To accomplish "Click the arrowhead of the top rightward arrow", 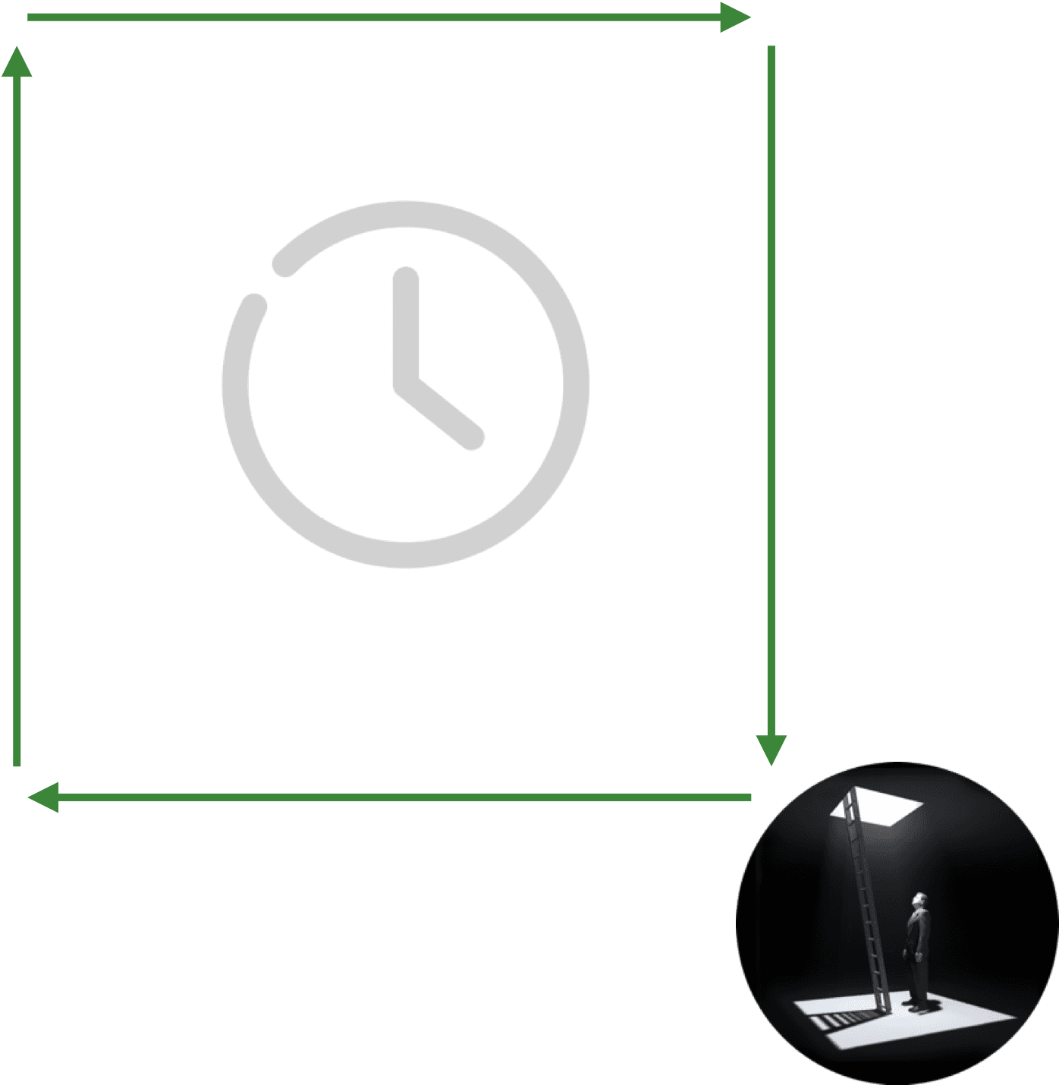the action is [x=734, y=17].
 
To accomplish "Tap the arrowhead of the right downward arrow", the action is [x=771, y=749].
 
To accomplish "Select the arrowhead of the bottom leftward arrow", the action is [x=44, y=797].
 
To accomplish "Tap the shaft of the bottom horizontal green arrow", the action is [x=402, y=797].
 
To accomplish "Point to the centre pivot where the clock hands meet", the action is [x=407, y=383].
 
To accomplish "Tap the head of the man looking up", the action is [x=919, y=901].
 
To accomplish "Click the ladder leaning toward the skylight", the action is [x=865, y=895].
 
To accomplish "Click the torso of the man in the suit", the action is [x=918, y=933].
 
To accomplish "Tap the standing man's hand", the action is [x=919, y=957].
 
